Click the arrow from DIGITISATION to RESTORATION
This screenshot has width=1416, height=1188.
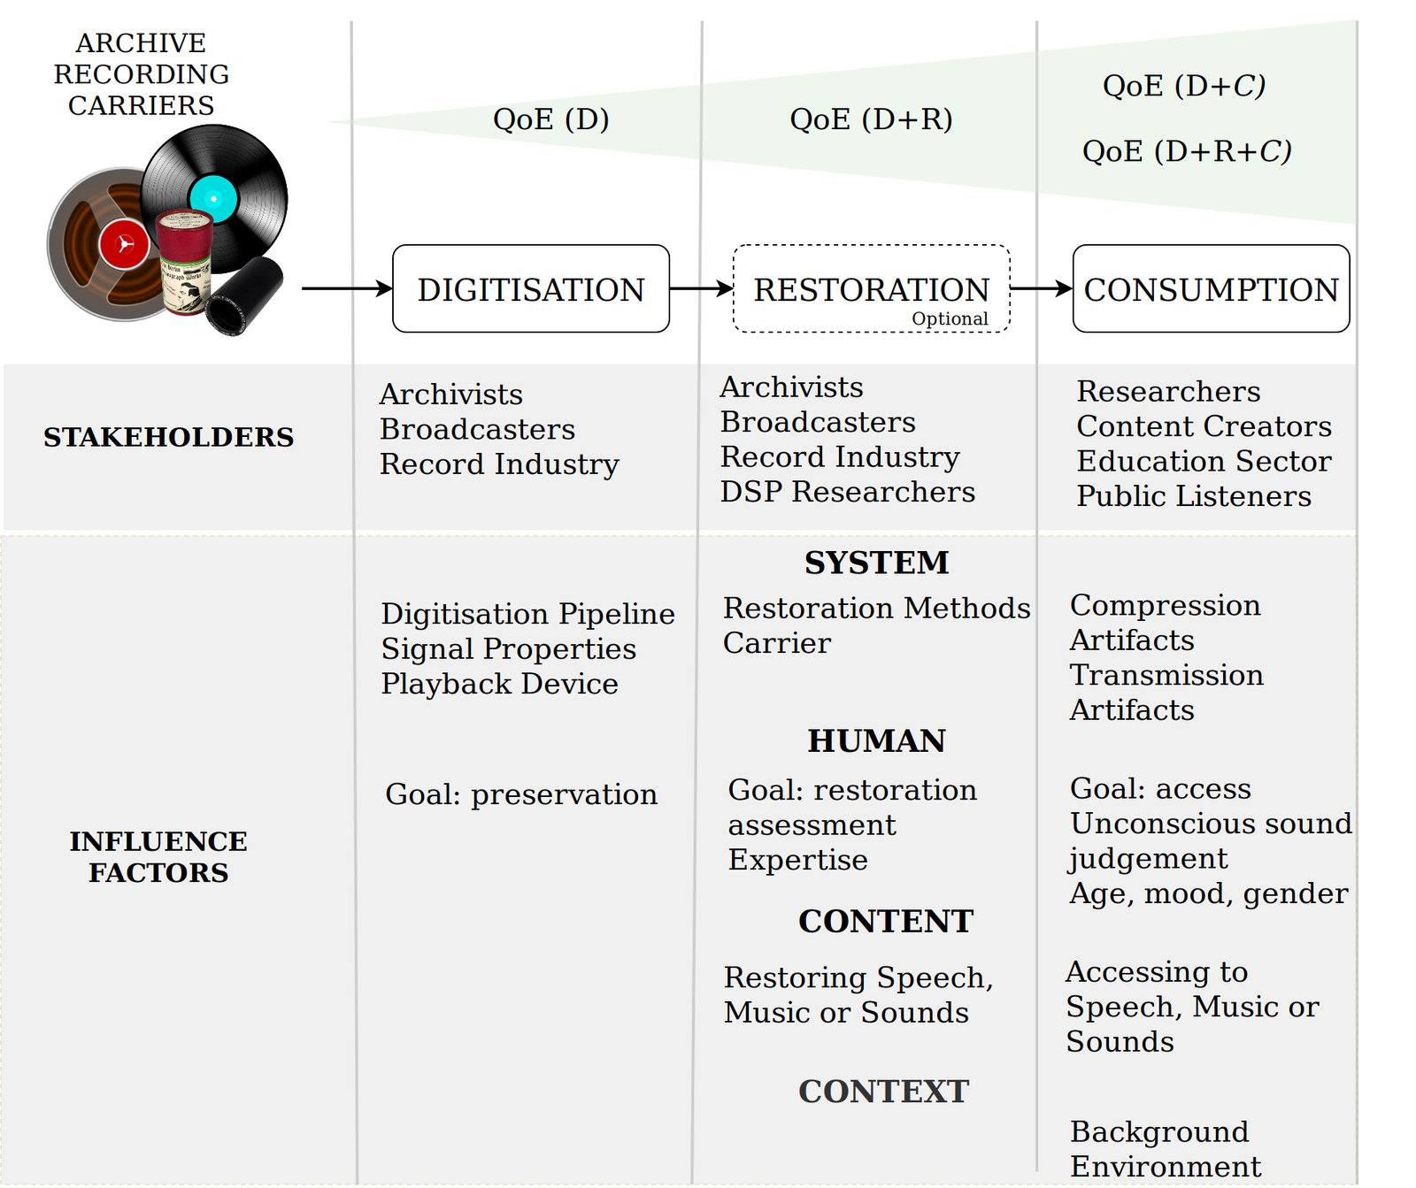[701, 288]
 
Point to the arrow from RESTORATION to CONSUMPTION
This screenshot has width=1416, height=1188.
[1042, 288]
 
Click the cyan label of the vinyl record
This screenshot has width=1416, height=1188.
[213, 199]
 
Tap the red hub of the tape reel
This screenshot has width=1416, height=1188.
[125, 244]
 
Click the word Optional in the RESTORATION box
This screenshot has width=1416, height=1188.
[950, 318]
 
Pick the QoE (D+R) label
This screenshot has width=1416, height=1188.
[871, 119]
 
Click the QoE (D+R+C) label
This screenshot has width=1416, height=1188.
[1187, 151]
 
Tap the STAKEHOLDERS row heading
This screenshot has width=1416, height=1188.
[168, 437]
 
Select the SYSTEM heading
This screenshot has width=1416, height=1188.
[876, 563]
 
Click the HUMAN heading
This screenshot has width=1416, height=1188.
[876, 740]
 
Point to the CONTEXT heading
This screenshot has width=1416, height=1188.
[883, 1092]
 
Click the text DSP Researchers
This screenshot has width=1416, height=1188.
[848, 492]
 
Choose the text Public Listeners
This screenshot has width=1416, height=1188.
[1194, 496]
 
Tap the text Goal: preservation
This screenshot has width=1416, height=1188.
[521, 794]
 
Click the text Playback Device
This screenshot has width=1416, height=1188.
[499, 684]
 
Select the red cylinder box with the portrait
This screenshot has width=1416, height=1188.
[185, 263]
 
